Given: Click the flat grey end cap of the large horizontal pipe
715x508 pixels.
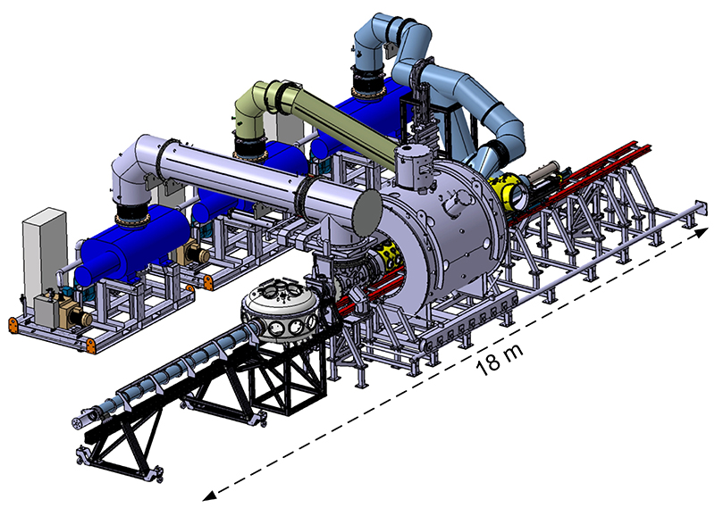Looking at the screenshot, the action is [366, 212].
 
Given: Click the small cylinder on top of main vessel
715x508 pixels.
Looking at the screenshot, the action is [414, 164].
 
